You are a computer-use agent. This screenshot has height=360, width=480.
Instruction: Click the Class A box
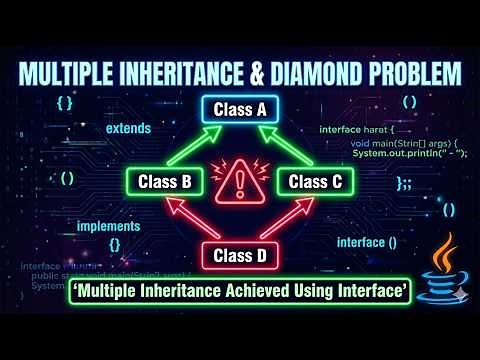239,111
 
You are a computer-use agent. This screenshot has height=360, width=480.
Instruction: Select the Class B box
166,182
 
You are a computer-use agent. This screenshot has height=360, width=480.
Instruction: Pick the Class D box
239,256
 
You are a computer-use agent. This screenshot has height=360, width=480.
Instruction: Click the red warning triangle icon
240,181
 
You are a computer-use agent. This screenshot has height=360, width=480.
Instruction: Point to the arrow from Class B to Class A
196,143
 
